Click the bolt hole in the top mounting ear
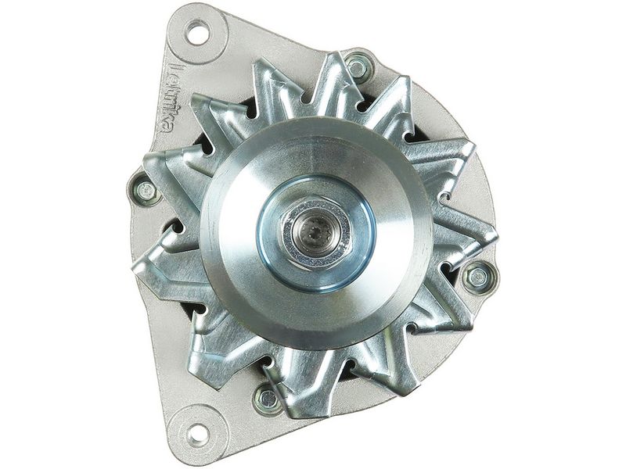[x=198, y=34]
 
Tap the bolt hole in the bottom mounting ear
[x=198, y=433]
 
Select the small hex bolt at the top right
[x=358, y=66]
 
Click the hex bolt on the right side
[x=477, y=276]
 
